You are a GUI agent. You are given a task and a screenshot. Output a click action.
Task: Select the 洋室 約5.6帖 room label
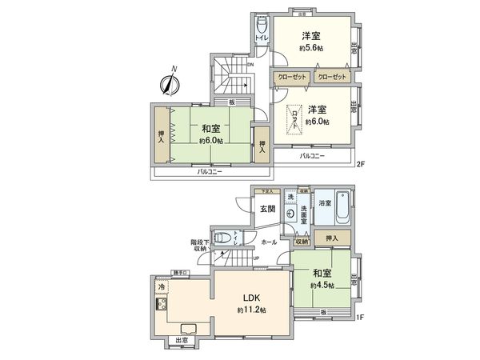(x=312, y=41)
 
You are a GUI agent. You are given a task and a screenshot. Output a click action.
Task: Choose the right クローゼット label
(x=331, y=78)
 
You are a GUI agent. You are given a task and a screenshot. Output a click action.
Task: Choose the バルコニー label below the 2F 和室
(x=210, y=173)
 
